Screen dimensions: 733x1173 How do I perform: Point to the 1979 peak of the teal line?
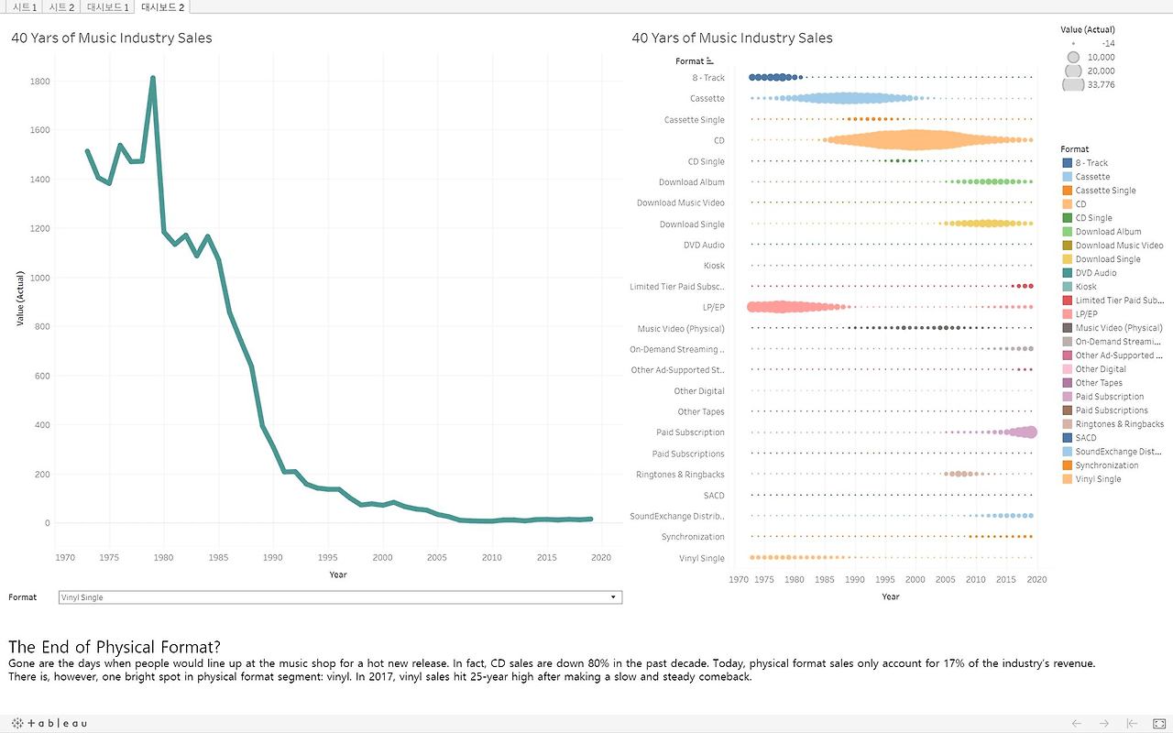[153, 79]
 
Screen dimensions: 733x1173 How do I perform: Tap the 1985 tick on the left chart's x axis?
[218, 557]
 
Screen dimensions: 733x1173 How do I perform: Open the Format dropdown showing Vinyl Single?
[339, 597]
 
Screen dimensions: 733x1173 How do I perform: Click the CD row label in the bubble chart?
[718, 140]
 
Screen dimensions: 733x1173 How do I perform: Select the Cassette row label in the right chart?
[707, 99]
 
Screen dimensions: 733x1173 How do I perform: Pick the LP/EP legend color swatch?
[1067, 314]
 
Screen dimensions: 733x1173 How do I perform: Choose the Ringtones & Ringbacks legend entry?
[1119, 424]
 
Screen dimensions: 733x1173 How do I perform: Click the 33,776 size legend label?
[1102, 85]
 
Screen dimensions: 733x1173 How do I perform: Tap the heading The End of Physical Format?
[115, 648]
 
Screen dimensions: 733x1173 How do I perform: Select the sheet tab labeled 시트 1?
[25, 7]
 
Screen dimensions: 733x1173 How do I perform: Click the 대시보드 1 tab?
[107, 7]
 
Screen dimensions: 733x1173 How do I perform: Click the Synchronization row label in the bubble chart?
[693, 537]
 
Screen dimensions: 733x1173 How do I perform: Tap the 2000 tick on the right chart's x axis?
[915, 580]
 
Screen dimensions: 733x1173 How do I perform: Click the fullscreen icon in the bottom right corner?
[1158, 724]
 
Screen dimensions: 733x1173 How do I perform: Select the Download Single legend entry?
[1107, 259]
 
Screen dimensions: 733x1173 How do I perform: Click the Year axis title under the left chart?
[338, 574]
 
